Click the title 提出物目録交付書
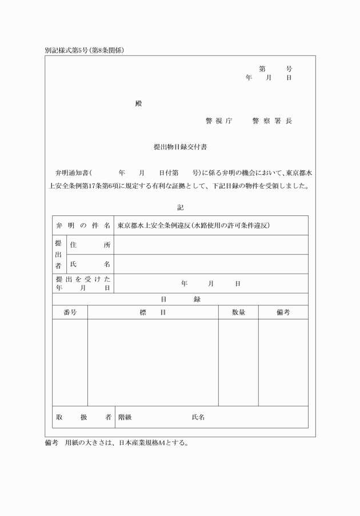click(181, 147)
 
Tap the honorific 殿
click(139, 104)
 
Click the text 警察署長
click(272, 121)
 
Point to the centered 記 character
click(181, 207)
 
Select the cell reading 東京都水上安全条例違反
click(193, 225)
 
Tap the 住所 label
click(90, 245)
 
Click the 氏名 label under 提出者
click(90, 264)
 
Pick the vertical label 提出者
click(59, 254)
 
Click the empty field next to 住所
click(211, 245)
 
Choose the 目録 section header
click(181, 299)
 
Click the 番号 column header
click(70, 312)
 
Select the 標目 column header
click(153, 312)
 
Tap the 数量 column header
click(238, 312)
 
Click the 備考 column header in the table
click(283, 312)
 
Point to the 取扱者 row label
click(83, 417)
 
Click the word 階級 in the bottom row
click(125, 417)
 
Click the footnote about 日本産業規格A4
click(117, 442)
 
